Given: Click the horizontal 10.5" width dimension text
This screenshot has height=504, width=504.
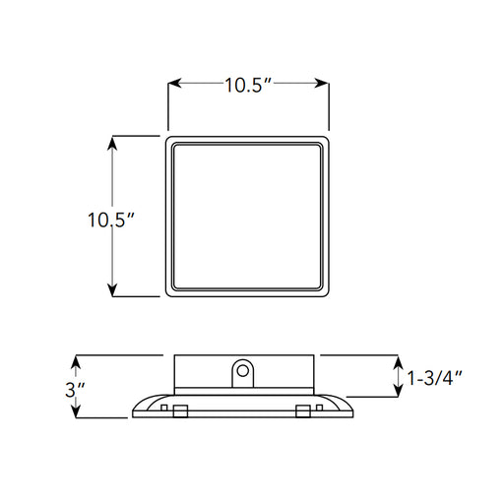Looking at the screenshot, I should (247, 85).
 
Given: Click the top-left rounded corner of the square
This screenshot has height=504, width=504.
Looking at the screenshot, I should (168, 140).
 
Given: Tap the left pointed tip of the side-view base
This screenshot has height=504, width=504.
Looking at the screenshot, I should (133, 415).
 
